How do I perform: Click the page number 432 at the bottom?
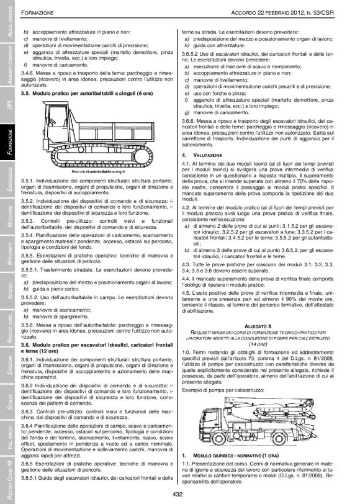coord(179,494)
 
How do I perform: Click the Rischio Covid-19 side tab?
coord(9,477)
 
